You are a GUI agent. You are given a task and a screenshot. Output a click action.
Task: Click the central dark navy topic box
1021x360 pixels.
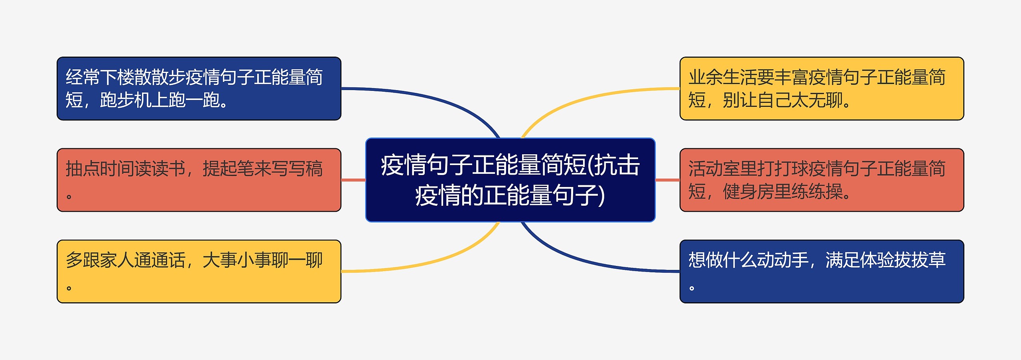click(x=510, y=180)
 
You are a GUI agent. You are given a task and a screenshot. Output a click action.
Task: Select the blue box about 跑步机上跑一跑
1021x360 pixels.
click(x=199, y=89)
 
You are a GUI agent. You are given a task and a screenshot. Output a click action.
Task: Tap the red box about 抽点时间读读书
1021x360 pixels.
click(x=199, y=180)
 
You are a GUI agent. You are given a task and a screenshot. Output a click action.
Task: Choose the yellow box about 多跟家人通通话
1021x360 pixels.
click(x=199, y=271)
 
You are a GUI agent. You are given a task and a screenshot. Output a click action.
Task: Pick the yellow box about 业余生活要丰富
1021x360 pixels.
click(x=822, y=89)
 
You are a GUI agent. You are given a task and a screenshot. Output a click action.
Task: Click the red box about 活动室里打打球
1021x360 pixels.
click(x=822, y=180)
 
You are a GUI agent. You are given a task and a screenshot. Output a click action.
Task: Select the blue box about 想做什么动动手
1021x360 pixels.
click(x=822, y=271)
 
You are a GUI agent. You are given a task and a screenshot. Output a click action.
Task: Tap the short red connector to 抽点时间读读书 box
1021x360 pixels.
click(x=353, y=180)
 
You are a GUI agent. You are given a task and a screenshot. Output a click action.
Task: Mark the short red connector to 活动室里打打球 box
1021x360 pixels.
click(x=668, y=180)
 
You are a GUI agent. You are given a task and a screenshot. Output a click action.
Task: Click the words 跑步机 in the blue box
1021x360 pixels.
click(x=125, y=100)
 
